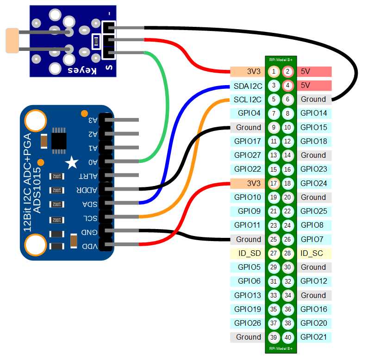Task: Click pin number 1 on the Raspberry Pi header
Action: pos(274,71)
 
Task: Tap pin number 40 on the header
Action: pos(288,337)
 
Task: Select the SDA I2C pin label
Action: pos(248,86)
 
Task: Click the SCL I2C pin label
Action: pos(248,99)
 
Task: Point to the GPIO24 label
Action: pos(313,183)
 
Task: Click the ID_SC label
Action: pos(312,253)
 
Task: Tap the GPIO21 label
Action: pos(313,337)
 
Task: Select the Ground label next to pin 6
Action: pos(313,99)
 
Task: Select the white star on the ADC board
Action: pos(71,162)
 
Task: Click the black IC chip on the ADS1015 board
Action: pos(59,138)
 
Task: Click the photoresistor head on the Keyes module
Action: pos(12,40)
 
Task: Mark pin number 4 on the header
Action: pos(288,86)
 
